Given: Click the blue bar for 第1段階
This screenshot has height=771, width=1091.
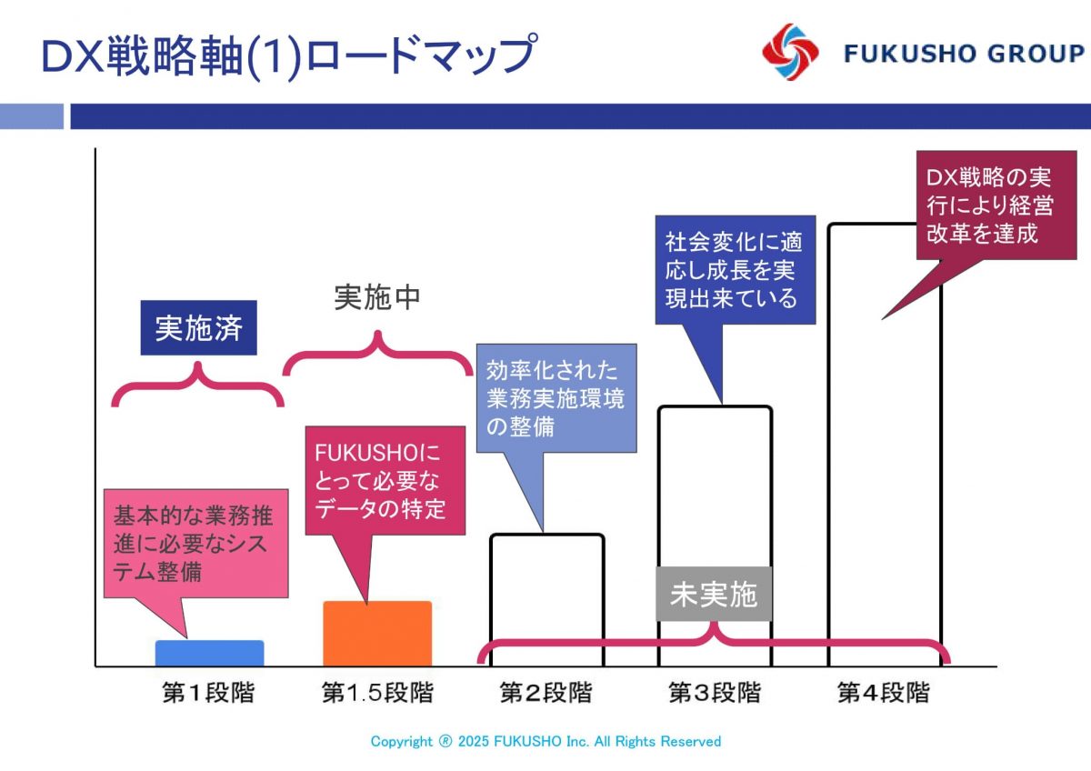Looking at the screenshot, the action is (209, 653).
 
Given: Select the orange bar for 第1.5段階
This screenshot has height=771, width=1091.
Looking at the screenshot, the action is (377, 634).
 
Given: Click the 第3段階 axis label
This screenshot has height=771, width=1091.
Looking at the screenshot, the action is (715, 693).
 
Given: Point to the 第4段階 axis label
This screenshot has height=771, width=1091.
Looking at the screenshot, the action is (884, 693).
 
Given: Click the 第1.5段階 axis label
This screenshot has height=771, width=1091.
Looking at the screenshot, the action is (377, 693).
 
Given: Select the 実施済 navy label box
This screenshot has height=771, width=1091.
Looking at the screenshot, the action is (199, 328).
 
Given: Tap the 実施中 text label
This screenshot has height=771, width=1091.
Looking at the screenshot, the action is (377, 297).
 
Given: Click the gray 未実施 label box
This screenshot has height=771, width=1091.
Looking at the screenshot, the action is (714, 594).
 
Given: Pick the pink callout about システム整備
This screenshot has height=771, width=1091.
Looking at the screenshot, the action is (195, 544).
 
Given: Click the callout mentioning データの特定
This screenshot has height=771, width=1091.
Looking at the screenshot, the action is (385, 481).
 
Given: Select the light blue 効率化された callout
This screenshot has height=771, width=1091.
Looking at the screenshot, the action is (556, 398).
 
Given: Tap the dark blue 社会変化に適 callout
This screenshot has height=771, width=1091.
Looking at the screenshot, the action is (736, 270).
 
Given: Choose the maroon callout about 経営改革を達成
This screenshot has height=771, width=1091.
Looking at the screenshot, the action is (996, 205).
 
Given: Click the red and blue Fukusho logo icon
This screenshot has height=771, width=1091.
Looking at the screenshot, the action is (790, 52).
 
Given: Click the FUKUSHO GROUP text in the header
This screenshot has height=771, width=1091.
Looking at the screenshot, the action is (965, 54).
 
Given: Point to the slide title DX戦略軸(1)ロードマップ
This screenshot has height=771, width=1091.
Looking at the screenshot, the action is (290, 55).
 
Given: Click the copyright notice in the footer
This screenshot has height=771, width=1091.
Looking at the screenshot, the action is (545, 741).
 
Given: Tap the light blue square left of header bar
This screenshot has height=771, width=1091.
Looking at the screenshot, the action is (32, 116).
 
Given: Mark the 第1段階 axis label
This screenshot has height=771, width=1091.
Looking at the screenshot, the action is (208, 693).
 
